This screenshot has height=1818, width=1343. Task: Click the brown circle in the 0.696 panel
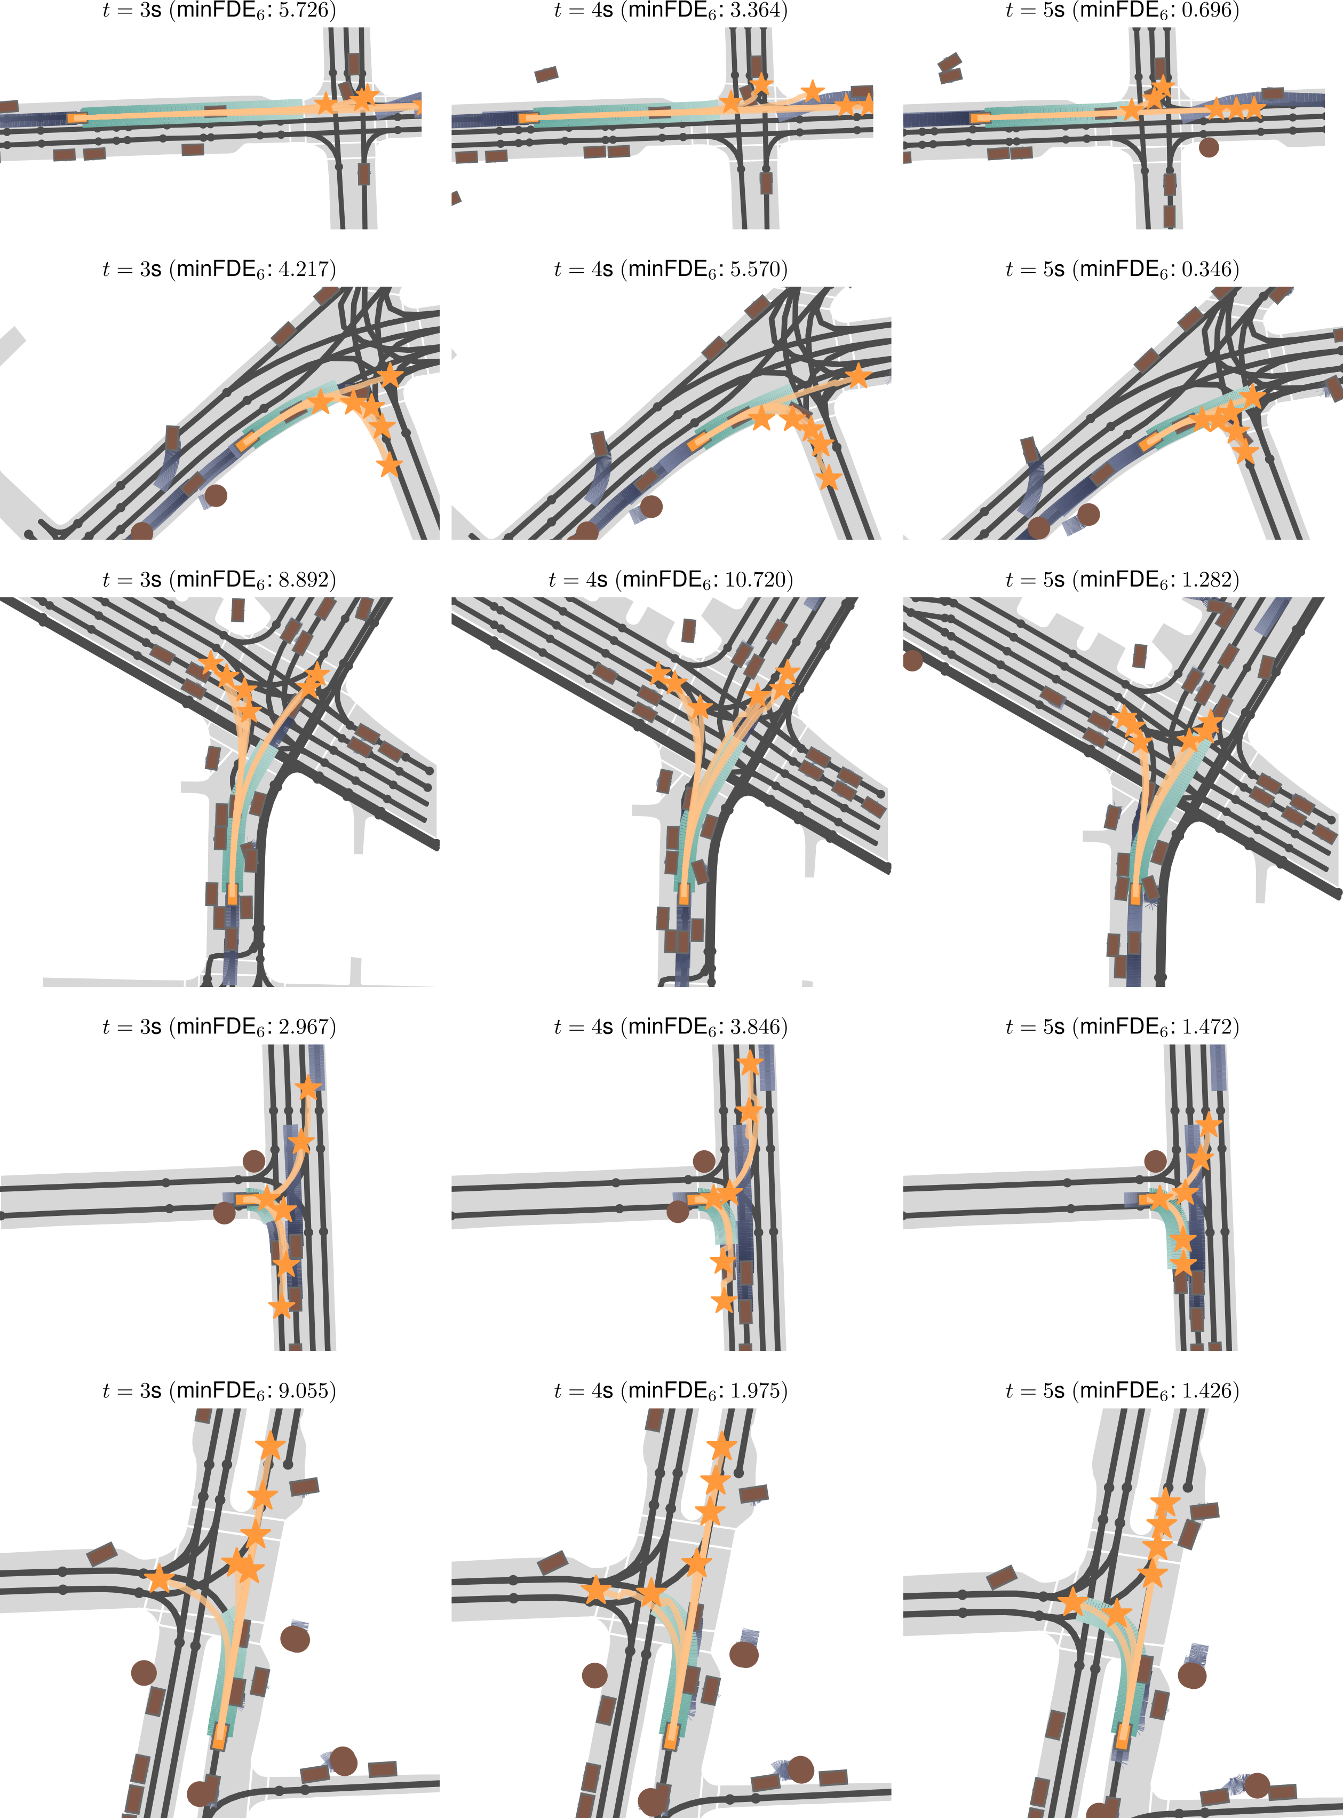(1209, 147)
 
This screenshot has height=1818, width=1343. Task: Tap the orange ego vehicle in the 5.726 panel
(77, 118)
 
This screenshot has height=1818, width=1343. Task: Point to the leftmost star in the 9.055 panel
(160, 1579)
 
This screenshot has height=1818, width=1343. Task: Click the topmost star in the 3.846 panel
(750, 1062)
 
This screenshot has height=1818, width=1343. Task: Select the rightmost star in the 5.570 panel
(857, 376)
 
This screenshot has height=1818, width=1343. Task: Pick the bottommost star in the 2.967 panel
(281, 1307)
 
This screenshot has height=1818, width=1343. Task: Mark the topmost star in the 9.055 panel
(270, 1447)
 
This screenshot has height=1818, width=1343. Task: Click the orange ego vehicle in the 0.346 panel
(1151, 441)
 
